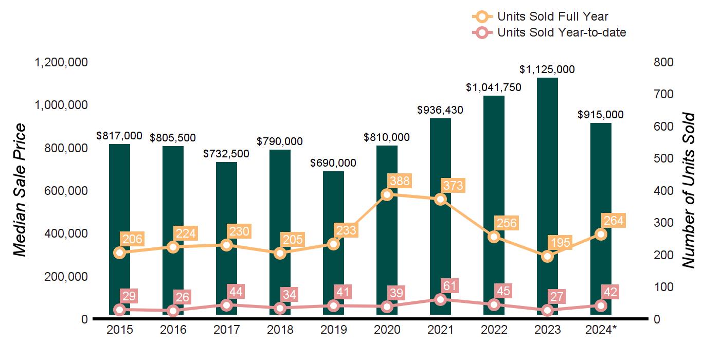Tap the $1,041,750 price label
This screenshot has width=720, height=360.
[494, 87]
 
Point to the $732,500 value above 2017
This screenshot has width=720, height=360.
[226, 154]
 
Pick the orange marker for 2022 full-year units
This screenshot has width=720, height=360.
[494, 237]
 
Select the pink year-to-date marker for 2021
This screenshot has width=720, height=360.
[440, 299]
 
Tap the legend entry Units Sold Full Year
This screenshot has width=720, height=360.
[552, 16]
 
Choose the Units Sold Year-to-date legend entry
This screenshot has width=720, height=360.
[561, 33]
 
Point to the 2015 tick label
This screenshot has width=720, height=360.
[119, 330]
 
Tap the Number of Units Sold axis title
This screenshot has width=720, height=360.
[689, 190]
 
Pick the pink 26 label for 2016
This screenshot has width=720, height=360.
[183, 297]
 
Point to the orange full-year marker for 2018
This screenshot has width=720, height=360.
[280, 253]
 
